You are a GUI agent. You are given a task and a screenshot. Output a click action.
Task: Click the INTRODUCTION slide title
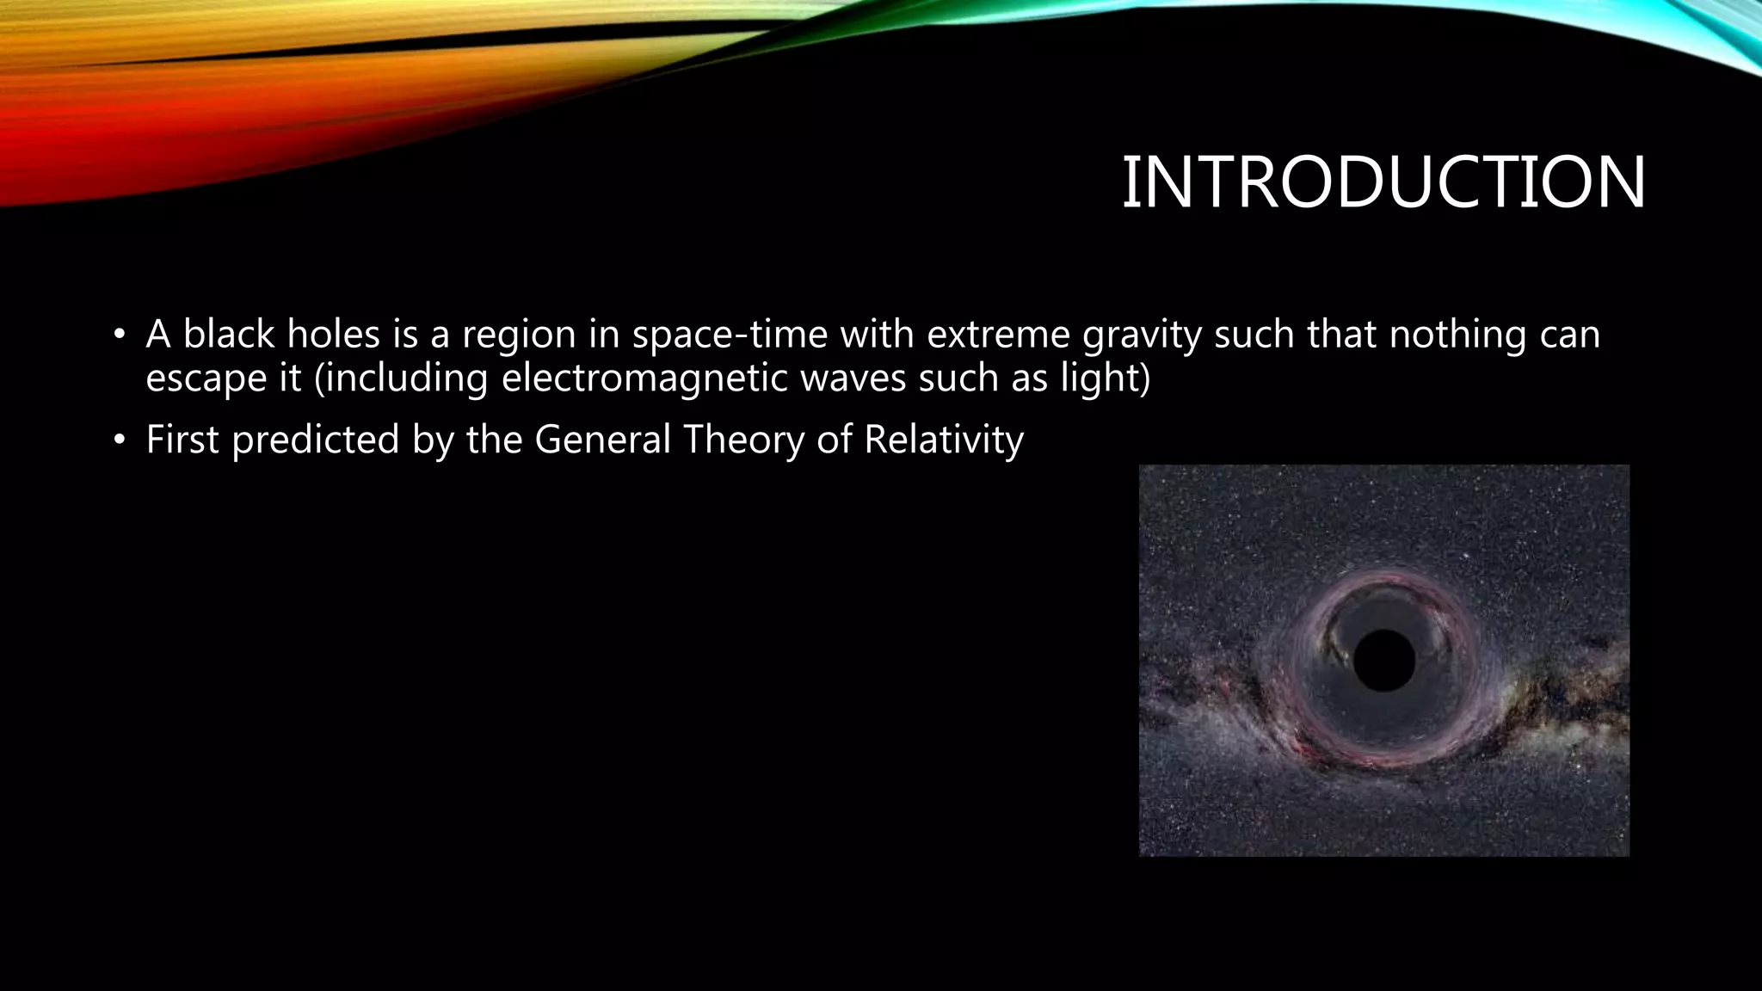point(1383,182)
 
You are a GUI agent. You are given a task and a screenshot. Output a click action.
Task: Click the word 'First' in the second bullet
point(182,440)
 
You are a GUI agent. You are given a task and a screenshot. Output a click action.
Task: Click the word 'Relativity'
point(943,440)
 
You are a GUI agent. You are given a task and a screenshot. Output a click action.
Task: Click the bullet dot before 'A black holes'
point(120,335)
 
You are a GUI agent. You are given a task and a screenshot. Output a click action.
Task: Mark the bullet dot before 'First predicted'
point(120,441)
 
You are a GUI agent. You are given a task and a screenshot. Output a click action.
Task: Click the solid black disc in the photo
point(1383,660)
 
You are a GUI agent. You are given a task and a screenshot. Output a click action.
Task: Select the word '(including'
point(401,379)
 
